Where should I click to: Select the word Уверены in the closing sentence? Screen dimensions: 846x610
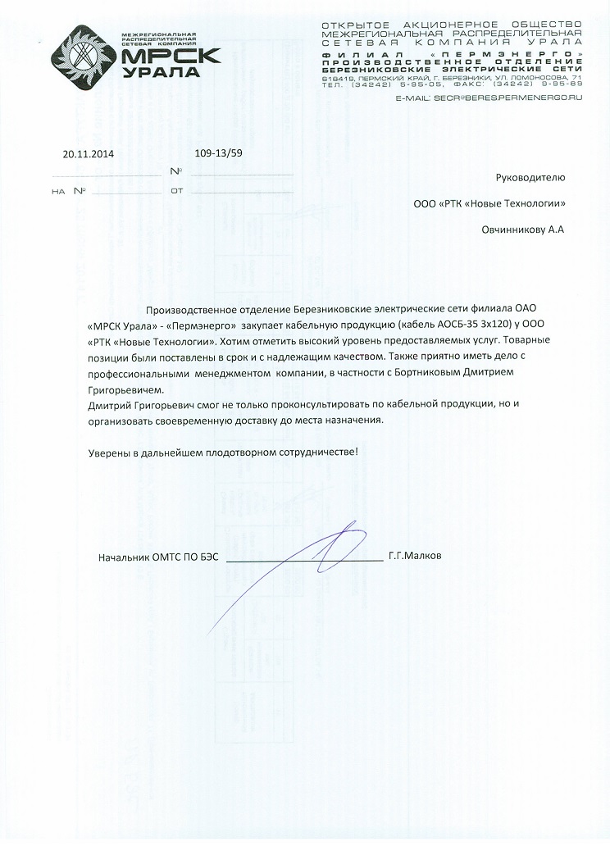coord(107,453)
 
